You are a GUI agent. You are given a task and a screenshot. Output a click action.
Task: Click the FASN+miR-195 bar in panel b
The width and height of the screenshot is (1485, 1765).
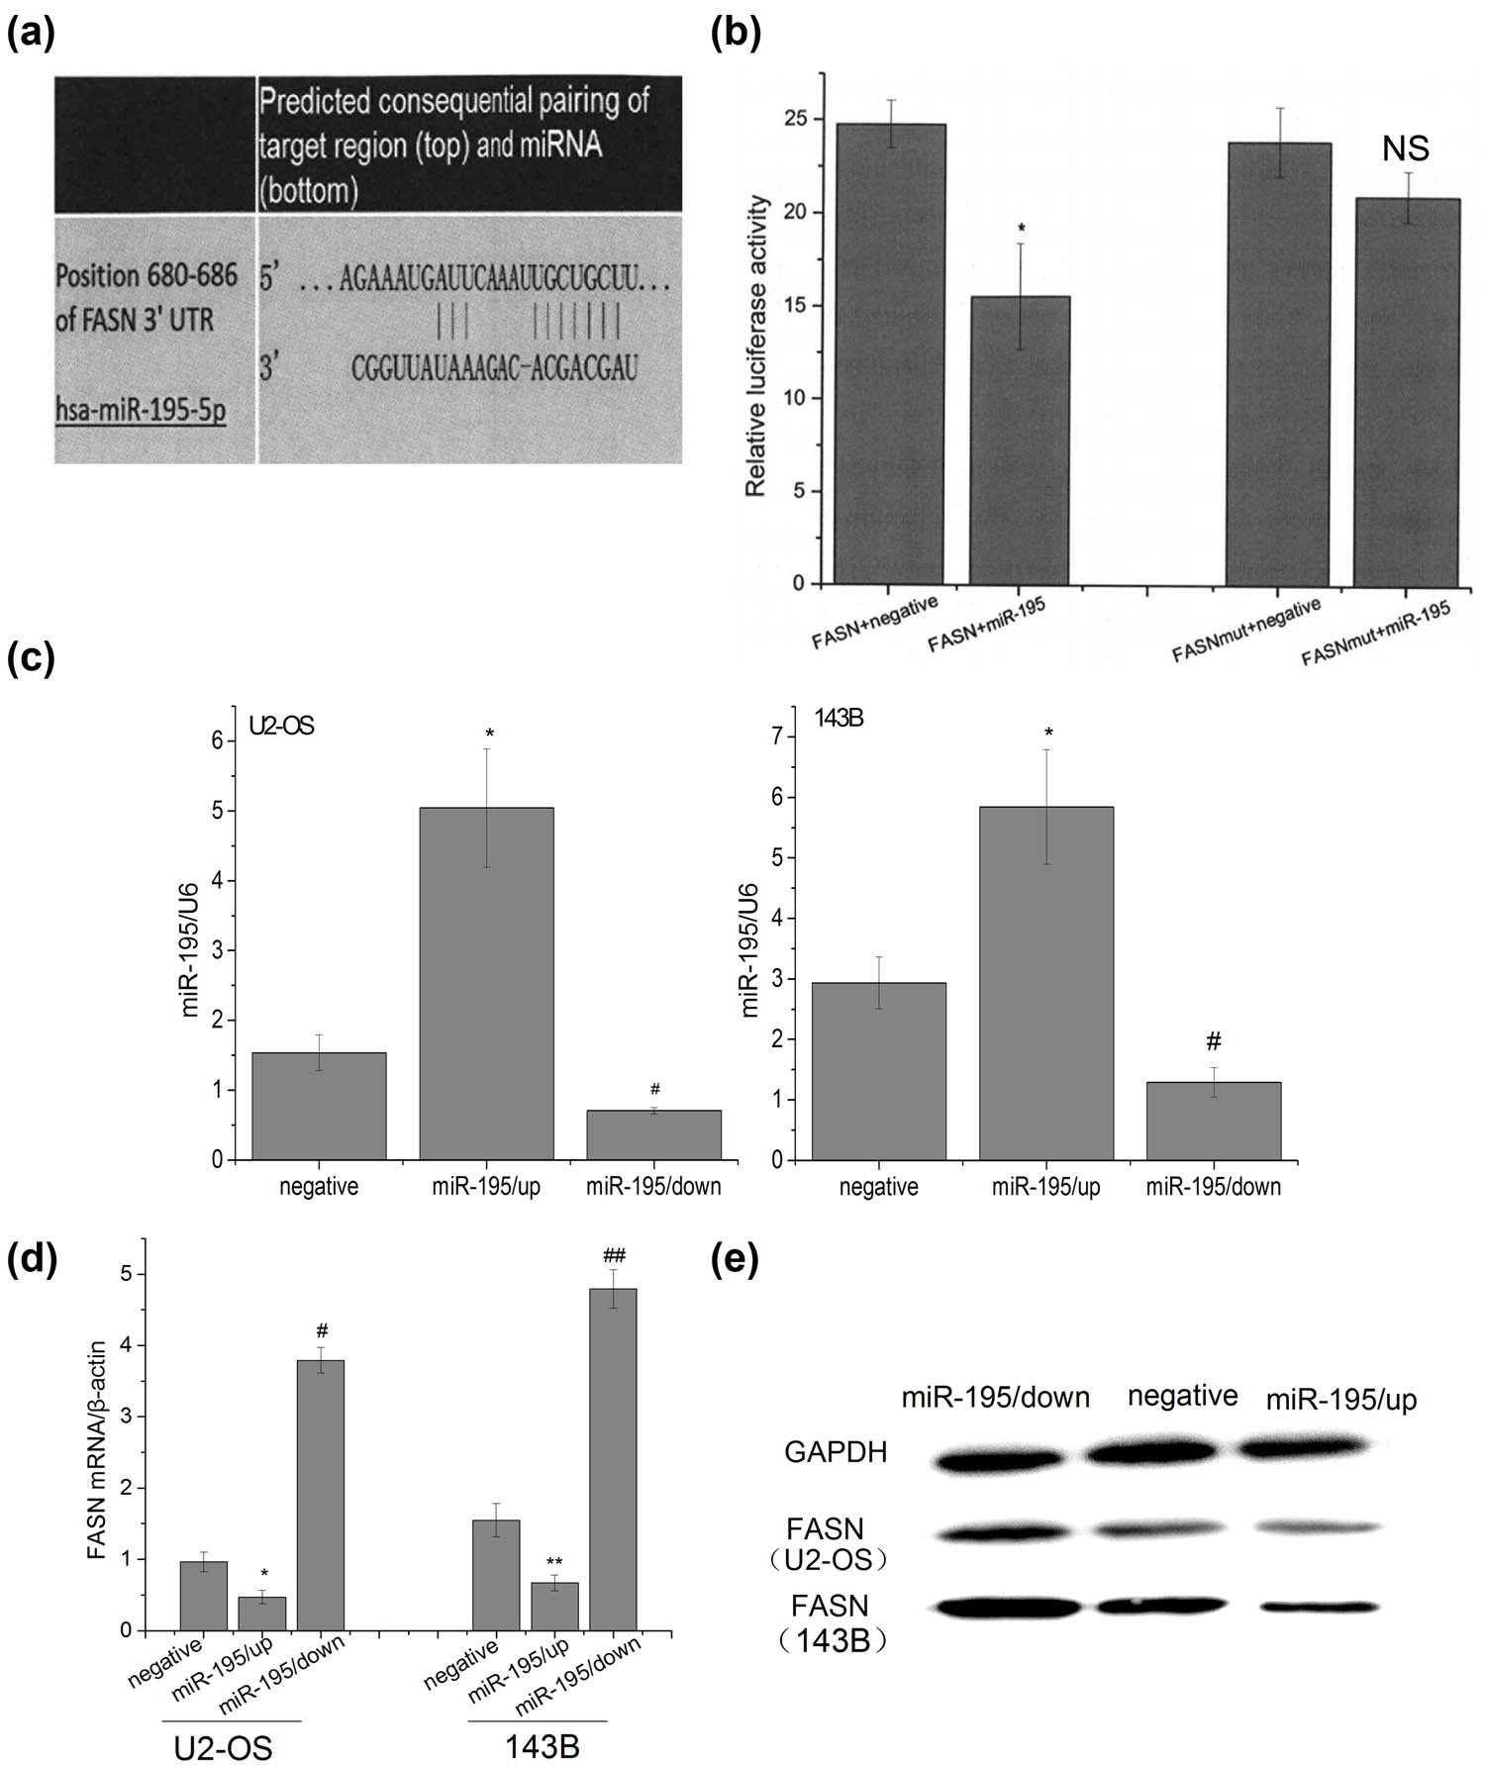click(1019, 441)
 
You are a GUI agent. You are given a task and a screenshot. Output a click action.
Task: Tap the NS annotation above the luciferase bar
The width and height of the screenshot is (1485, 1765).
click(1406, 148)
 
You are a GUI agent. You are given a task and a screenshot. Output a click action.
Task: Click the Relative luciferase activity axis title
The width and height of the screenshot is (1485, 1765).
click(757, 345)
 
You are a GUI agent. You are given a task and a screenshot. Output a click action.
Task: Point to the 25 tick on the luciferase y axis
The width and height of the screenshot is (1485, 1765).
click(798, 119)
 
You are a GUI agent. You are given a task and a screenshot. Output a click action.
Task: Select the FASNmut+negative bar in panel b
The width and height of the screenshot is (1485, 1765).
click(1278, 363)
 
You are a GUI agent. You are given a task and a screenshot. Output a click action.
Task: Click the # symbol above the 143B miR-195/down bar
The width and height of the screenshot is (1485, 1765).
click(1214, 1041)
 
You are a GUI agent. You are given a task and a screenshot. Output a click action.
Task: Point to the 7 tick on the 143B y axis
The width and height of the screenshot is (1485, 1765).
click(779, 736)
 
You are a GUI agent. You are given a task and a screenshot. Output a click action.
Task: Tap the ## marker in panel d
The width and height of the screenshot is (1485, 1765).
click(614, 1256)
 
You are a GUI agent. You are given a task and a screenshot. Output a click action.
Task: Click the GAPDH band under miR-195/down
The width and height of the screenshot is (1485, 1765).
click(998, 1459)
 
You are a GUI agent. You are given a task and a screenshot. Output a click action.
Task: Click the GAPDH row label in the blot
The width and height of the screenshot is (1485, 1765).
click(836, 1452)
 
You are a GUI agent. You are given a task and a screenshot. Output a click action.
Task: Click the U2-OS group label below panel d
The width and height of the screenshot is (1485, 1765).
click(223, 1749)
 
